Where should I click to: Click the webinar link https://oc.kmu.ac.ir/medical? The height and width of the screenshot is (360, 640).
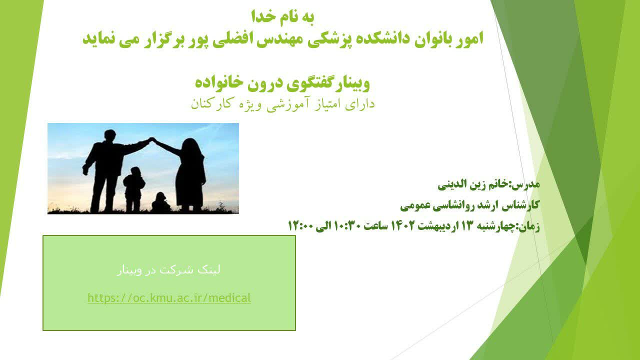[x=169, y=298]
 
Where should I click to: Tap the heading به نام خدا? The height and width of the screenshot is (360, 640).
[x=283, y=16]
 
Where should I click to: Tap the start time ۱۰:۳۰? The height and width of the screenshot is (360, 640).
[x=345, y=226]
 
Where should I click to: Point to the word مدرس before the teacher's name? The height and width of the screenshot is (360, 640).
[x=529, y=184]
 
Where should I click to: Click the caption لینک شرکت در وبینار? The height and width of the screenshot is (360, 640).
[x=168, y=270]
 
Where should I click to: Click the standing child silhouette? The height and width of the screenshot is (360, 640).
[x=133, y=189]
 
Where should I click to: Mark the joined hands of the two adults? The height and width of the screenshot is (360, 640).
[x=152, y=139]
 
